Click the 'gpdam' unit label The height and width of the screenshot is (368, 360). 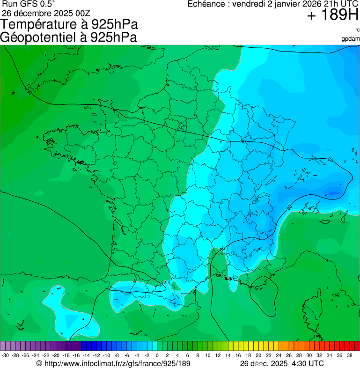point(351,38)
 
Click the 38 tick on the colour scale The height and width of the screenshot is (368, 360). point(350,355)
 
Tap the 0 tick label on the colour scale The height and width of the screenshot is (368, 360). point(157,355)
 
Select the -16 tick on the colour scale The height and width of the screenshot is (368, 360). point(76,355)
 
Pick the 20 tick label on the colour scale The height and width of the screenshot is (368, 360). point(258,355)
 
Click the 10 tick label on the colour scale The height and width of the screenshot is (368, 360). point(207,355)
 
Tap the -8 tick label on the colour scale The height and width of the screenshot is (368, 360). point(117,355)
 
